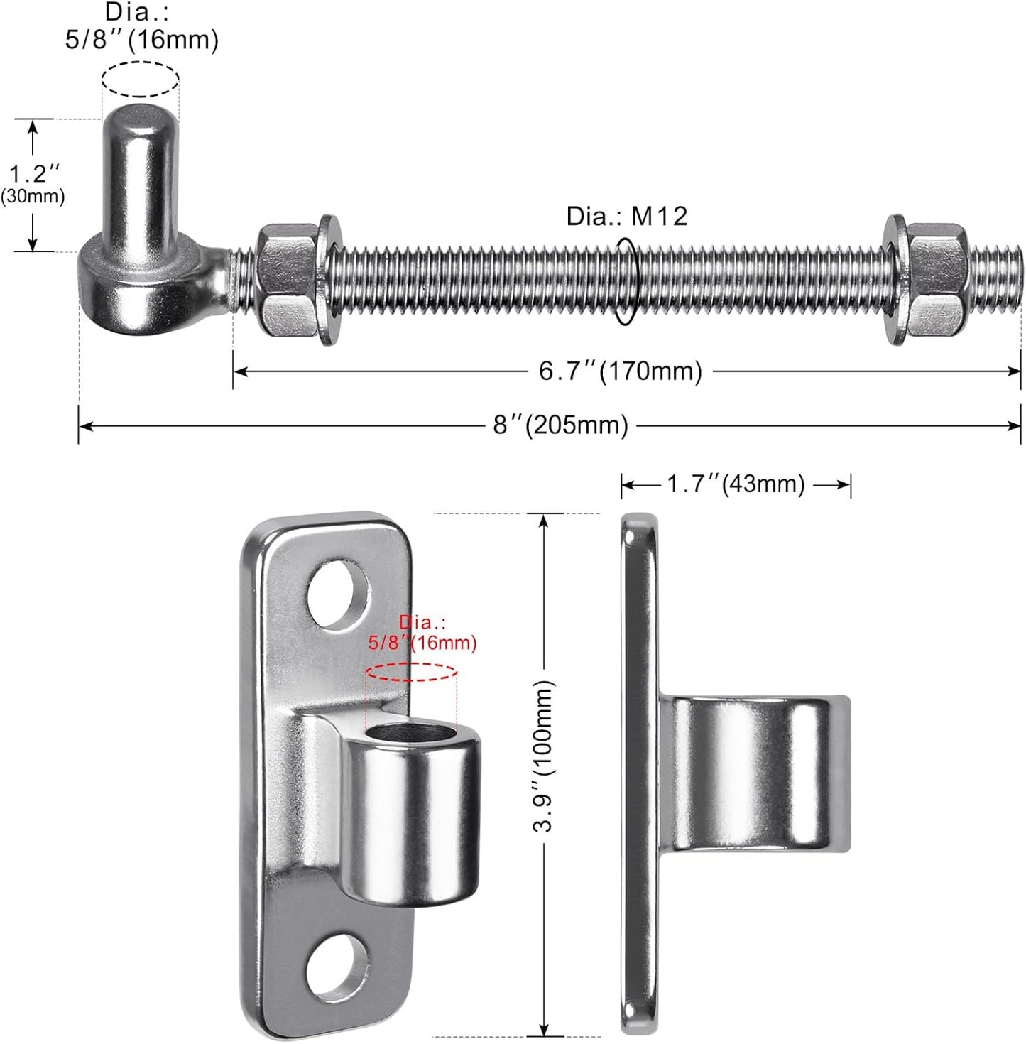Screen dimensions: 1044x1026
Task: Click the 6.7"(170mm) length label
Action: [x=620, y=371]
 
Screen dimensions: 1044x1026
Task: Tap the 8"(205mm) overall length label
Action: [x=561, y=425]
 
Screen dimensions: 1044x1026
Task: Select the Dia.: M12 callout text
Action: [x=626, y=217]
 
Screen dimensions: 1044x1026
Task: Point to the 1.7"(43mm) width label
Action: [x=735, y=484]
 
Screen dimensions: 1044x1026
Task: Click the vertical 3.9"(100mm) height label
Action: [x=544, y=756]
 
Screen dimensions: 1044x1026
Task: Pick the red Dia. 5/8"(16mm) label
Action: [x=422, y=634]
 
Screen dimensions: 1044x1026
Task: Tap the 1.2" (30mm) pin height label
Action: [x=33, y=183]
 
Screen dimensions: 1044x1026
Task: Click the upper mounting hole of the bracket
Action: [x=338, y=594]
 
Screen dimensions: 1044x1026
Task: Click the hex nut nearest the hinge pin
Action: [x=286, y=281]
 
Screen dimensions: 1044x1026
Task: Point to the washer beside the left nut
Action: [x=329, y=281]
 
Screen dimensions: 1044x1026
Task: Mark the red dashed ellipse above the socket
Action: [x=411, y=672]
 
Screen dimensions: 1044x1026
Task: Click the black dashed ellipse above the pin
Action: [x=140, y=79]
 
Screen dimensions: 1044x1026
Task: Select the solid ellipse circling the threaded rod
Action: [x=626, y=281]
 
